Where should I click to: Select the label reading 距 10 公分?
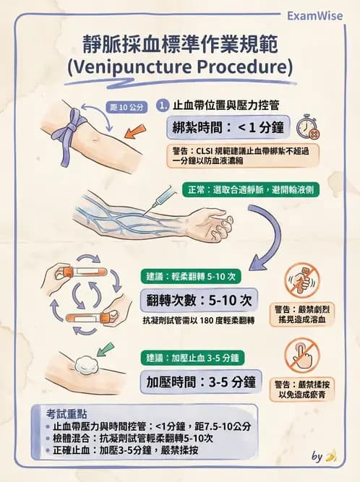click(127, 104)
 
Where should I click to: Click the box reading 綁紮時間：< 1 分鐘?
click(227, 128)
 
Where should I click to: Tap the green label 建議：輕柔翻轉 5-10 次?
click(190, 276)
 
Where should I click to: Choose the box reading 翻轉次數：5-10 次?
click(198, 300)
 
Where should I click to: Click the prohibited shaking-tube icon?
click(301, 280)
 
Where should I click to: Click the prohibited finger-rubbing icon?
click(301, 356)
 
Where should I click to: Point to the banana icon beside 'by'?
click(332, 456)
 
